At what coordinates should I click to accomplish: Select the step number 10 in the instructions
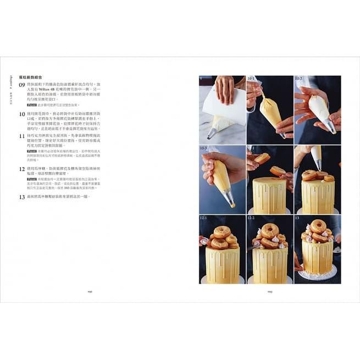23,114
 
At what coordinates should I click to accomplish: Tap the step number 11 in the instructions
23,135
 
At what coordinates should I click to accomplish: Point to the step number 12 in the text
23,169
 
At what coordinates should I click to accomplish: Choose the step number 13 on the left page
23,196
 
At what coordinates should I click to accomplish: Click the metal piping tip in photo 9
212,133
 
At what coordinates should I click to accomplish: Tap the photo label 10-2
299,79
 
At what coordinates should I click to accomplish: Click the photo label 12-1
204,218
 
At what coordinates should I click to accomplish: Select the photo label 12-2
252,218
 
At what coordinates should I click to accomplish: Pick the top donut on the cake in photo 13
318,225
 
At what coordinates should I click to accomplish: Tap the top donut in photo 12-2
269,229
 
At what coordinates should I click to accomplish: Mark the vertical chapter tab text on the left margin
10,88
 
